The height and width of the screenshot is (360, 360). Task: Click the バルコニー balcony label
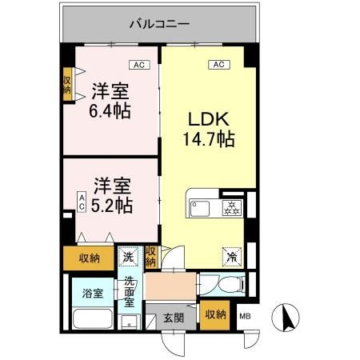[160, 24]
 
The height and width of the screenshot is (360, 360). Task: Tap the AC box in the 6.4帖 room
[138, 64]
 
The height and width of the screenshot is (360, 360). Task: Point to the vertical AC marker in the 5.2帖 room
[81, 202]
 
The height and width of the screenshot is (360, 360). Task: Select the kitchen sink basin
[199, 209]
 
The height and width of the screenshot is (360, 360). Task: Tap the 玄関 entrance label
[174, 317]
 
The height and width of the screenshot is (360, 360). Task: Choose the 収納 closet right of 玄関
[214, 313]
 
